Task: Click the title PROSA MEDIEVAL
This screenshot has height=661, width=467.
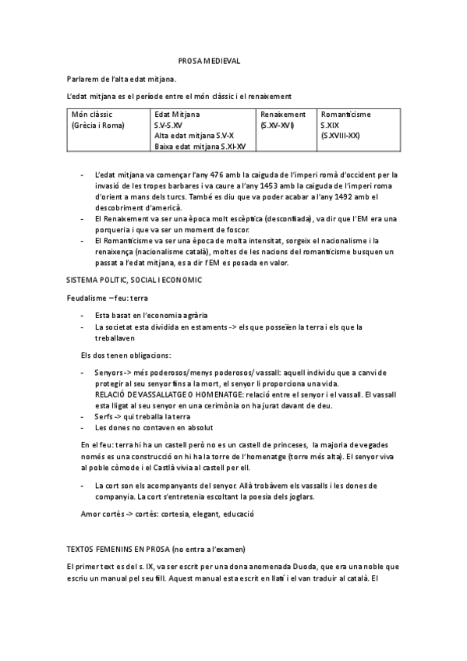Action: tap(209, 60)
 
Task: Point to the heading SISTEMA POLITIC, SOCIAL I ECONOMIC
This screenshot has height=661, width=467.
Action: tap(135, 278)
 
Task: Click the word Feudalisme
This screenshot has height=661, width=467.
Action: tap(87, 298)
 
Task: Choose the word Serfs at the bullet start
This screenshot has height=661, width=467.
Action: tap(104, 416)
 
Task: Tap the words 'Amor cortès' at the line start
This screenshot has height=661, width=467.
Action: tap(101, 514)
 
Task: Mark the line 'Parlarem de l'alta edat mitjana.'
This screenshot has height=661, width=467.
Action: tap(121, 78)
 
